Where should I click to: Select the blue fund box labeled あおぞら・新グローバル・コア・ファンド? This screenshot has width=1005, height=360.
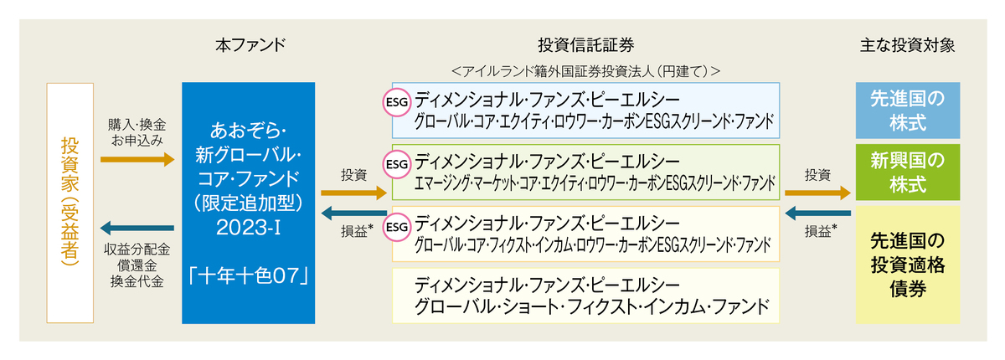(x=248, y=202)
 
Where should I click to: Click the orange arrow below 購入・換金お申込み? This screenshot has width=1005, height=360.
(x=137, y=158)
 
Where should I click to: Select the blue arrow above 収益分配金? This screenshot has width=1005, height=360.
(x=137, y=229)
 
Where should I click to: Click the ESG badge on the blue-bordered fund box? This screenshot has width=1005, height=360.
(x=396, y=102)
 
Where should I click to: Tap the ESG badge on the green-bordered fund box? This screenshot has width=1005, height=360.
(x=396, y=164)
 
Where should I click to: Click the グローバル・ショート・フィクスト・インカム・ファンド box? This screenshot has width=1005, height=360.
(x=585, y=296)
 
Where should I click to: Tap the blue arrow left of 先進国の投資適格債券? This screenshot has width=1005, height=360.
(x=818, y=213)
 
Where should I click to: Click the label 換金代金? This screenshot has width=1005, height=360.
(x=137, y=282)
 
